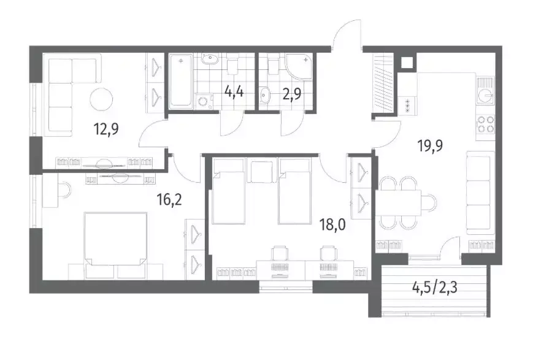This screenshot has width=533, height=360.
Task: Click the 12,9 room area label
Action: point(105,129)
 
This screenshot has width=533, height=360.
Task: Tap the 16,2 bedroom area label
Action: point(169,199)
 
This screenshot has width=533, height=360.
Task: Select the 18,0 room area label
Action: point(333,224)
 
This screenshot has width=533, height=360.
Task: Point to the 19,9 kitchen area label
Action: point(430,146)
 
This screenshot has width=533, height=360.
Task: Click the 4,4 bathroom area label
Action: point(234,91)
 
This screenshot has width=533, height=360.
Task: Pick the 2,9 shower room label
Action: point(292,94)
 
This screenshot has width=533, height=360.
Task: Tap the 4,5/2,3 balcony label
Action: point(434,288)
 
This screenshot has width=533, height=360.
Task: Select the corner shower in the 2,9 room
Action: point(299,67)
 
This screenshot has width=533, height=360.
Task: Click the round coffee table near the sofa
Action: point(101,99)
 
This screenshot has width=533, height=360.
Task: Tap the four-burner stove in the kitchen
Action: point(486,124)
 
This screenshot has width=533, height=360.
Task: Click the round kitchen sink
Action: point(485,96)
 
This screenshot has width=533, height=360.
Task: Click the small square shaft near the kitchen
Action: point(407,63)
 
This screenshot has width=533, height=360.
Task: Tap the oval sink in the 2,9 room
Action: point(266,95)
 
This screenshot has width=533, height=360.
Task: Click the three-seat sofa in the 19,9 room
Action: point(480,193)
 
